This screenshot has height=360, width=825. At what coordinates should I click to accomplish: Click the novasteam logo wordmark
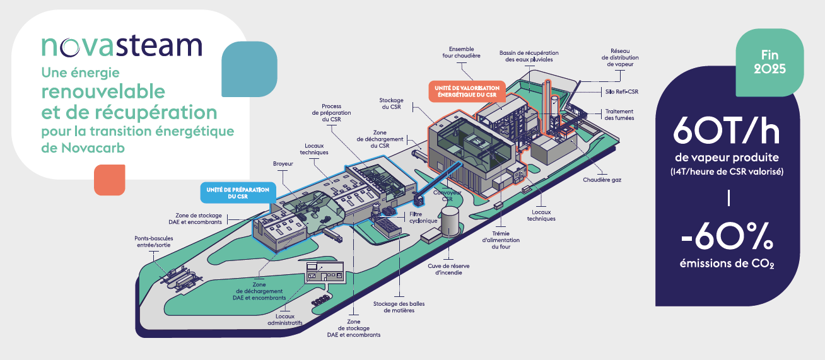click(x=122, y=46)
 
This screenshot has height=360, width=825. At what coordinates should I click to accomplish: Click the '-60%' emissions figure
click(x=727, y=240)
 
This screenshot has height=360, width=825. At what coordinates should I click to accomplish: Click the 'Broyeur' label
click(x=283, y=164)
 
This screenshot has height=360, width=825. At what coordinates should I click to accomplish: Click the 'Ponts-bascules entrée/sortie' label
click(x=153, y=242)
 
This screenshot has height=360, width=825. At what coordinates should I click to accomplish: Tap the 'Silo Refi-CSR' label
click(x=621, y=91)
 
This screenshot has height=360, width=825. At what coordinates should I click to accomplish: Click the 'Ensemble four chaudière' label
click(x=465, y=52)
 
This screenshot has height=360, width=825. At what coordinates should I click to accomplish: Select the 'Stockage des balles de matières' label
click(x=399, y=307)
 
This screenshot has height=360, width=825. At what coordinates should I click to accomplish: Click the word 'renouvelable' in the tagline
click(x=103, y=91)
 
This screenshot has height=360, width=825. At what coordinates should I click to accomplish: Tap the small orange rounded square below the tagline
click(x=110, y=180)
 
